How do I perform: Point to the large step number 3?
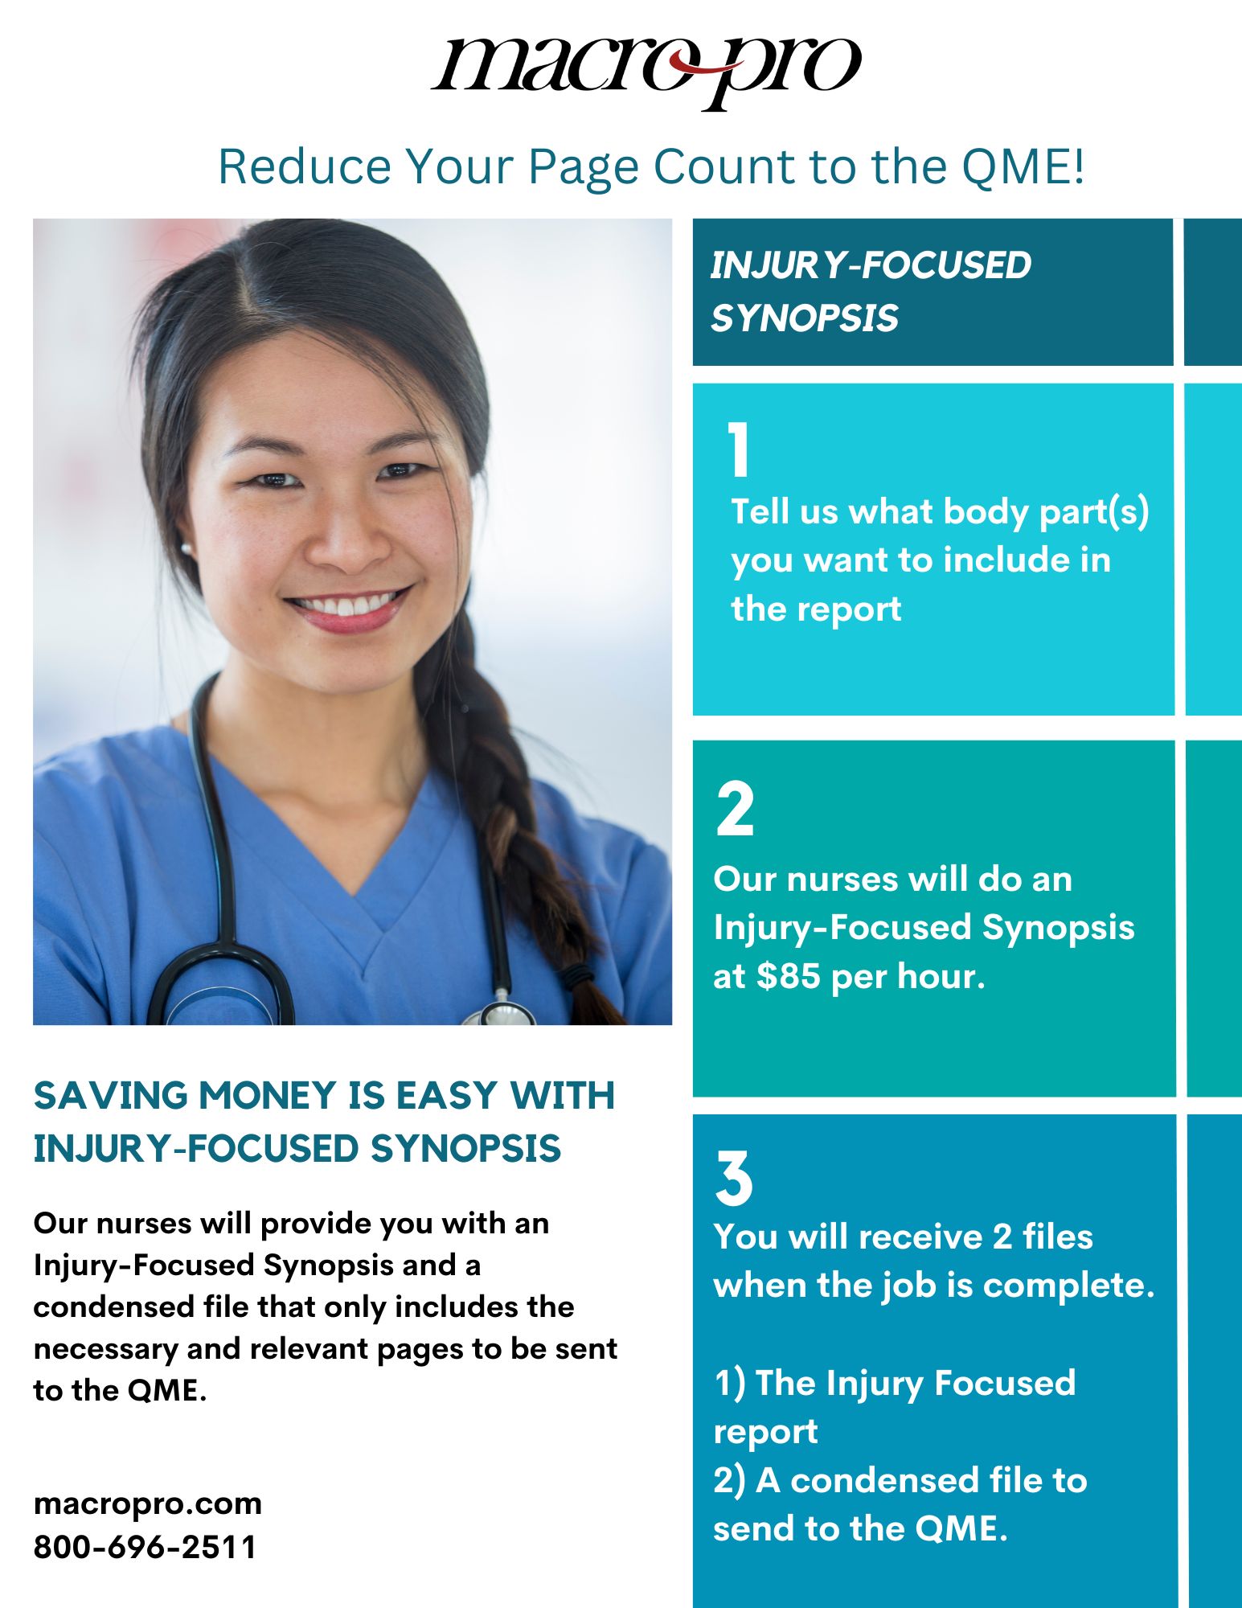point(734,1178)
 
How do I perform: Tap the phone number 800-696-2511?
point(145,1546)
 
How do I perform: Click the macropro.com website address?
point(148,1503)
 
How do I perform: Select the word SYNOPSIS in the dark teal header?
point(804,318)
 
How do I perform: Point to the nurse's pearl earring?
point(187,549)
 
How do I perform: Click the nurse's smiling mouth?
point(348,605)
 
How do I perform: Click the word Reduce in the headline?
point(305,167)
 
